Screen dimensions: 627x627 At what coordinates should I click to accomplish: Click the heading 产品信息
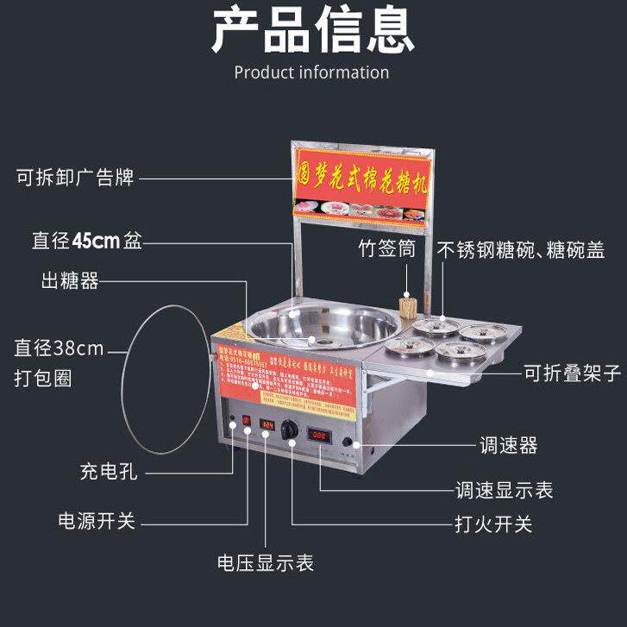pyautogui.click(x=313, y=30)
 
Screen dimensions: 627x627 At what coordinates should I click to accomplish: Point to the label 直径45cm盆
pyautogui.click(x=84, y=242)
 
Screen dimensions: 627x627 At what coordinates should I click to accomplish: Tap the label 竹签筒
pyautogui.click(x=386, y=249)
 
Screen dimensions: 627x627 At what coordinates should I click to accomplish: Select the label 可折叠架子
pyautogui.click(x=572, y=373)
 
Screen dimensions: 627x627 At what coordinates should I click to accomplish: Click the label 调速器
pyautogui.click(x=509, y=445)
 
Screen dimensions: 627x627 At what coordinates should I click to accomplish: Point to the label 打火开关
pyautogui.click(x=492, y=524)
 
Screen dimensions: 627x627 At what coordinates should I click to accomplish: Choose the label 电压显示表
pyautogui.click(x=265, y=564)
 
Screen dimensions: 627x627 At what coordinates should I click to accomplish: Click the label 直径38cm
pyautogui.click(x=58, y=348)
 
